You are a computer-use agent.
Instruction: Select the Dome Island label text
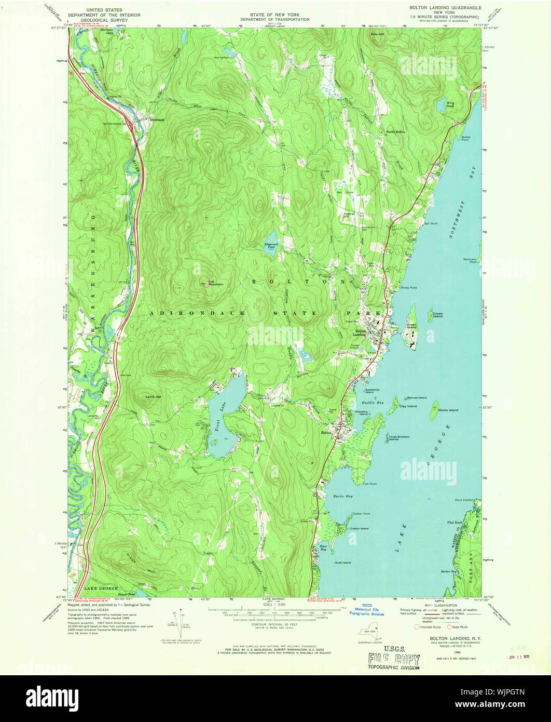448,410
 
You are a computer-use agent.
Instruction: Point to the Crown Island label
437,315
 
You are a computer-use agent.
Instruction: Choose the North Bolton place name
395,132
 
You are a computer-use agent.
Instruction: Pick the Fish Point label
370,484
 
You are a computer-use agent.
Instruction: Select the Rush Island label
342,563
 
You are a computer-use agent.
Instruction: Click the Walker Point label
465,138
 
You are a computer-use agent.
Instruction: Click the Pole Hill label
377,34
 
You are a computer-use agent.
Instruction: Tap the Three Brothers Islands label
399,438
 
